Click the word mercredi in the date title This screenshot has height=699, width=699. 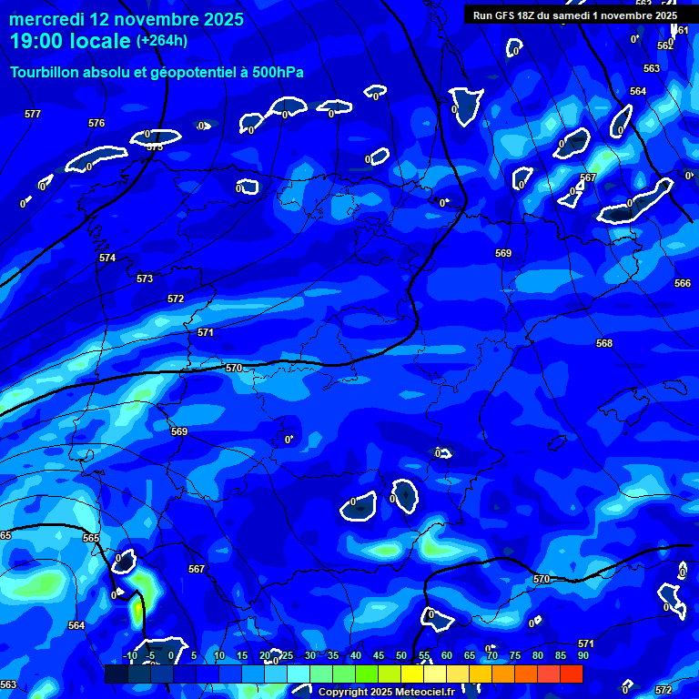tap(46, 19)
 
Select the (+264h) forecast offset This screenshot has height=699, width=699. tap(162, 41)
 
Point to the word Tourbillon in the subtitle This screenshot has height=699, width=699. tap(46, 73)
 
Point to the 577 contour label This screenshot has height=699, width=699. tap(33, 114)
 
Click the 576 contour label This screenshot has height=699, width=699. tap(96, 123)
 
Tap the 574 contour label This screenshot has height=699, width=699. tap(107, 258)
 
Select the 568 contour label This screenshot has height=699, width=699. tap(604, 343)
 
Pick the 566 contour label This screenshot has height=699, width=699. tap(683, 283)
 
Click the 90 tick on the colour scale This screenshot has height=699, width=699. tap(582, 655)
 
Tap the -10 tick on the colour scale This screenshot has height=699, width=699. tap(129, 655)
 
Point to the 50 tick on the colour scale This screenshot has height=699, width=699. tap(400, 655)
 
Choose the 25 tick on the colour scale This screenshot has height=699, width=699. tap(287, 655)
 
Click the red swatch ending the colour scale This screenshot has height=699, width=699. tap(572, 674)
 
